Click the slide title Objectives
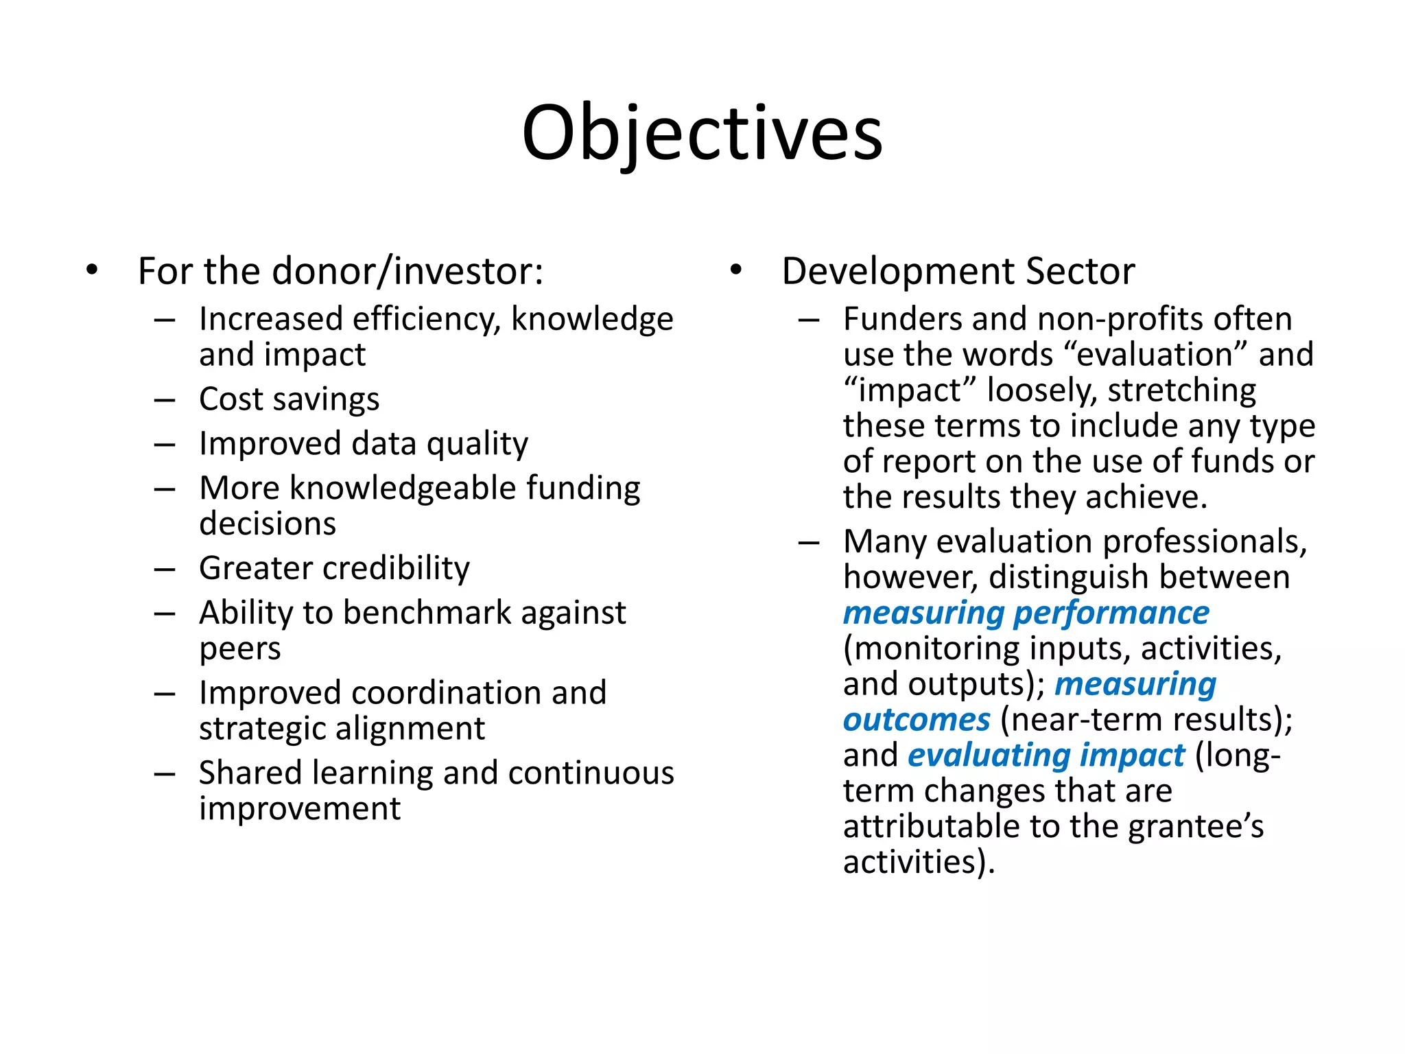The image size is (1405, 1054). click(702, 134)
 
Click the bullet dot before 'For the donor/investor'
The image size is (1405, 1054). click(93, 270)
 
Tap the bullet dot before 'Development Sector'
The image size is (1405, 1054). click(736, 270)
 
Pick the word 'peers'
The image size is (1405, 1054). click(240, 649)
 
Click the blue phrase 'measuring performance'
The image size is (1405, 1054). click(1026, 613)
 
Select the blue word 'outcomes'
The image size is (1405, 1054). click(917, 720)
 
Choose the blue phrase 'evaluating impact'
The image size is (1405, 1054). click(1046, 756)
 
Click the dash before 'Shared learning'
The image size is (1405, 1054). click(165, 774)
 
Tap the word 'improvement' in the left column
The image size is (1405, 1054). click(300, 809)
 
